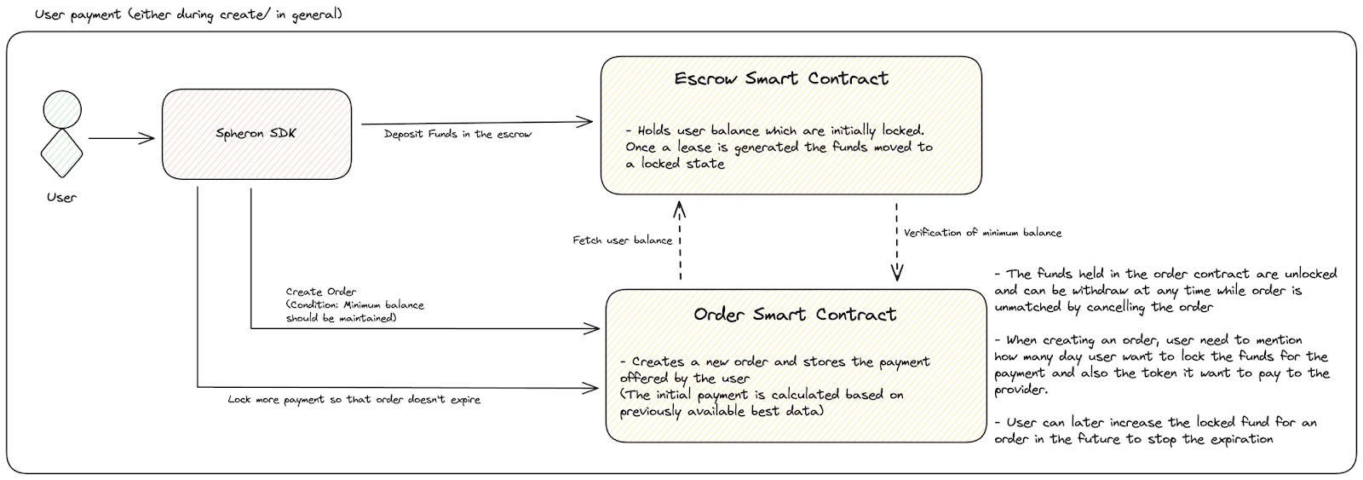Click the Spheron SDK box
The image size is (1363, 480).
[x=256, y=134]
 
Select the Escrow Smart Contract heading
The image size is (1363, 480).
[x=781, y=78]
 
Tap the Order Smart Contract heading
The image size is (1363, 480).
[x=795, y=315]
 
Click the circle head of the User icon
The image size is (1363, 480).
[x=62, y=110]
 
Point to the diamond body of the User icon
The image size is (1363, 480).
[x=61, y=153]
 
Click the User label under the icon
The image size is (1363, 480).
[x=61, y=197]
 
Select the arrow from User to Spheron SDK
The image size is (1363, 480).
[x=122, y=138]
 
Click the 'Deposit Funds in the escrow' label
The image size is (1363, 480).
[x=457, y=134]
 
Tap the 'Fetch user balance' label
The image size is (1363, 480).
[x=623, y=240]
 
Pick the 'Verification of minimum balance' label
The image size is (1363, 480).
[x=983, y=233]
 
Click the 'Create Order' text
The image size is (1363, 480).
[x=320, y=292]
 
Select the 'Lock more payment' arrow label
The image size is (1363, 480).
[x=354, y=400]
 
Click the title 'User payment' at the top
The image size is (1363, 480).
[x=78, y=14]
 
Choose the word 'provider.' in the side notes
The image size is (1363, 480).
[x=1021, y=390]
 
